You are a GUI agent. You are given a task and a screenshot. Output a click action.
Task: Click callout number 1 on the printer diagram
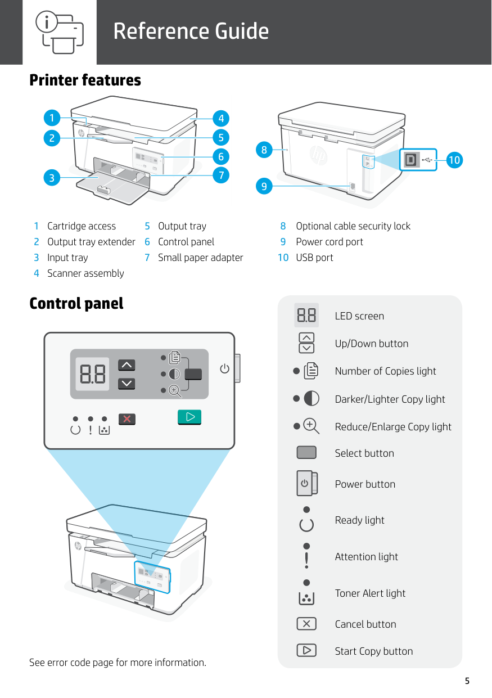click(x=52, y=118)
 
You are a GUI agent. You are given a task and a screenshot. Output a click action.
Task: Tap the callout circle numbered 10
click(x=454, y=160)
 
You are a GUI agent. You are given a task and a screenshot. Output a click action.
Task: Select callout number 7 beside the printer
click(x=222, y=175)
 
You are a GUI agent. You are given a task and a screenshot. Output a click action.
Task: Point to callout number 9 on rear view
click(x=263, y=186)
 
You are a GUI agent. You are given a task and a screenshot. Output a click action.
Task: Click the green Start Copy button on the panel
click(x=189, y=417)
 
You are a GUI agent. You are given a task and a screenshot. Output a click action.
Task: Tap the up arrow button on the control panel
click(x=127, y=366)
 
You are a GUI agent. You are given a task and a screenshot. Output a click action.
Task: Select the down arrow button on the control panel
click(x=127, y=384)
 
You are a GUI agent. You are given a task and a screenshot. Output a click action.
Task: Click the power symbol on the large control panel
click(x=224, y=369)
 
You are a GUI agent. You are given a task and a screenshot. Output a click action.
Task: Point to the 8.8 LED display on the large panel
click(x=93, y=374)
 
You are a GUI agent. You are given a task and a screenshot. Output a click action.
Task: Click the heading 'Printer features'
click(x=85, y=80)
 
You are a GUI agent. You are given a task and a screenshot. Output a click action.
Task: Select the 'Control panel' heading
click(x=76, y=304)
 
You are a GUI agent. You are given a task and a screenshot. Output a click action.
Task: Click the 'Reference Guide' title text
click(x=191, y=31)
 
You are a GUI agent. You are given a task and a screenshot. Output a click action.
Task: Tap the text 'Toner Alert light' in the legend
click(x=370, y=593)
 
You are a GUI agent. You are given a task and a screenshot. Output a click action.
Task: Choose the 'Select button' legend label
click(x=364, y=453)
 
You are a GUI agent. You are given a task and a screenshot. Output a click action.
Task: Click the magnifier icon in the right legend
click(x=311, y=426)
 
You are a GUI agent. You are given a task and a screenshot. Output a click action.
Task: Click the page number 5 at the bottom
click(x=467, y=682)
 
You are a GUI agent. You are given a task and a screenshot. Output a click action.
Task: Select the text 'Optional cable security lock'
click(x=353, y=226)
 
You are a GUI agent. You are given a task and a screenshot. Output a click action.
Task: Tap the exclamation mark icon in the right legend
click(x=306, y=560)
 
